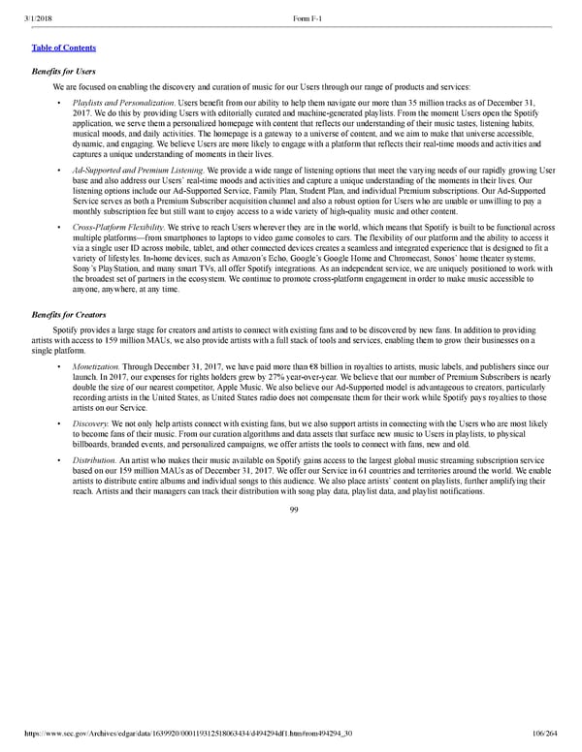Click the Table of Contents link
[55, 47]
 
